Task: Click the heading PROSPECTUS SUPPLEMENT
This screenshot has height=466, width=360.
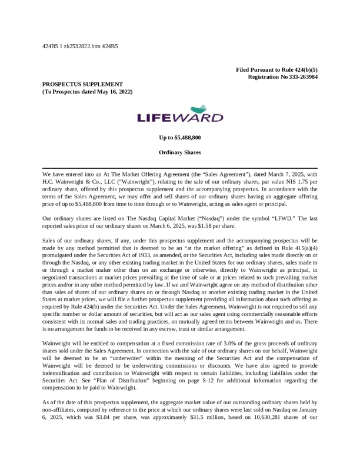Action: (82, 84)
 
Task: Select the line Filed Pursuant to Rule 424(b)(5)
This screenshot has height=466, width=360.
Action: (277, 70)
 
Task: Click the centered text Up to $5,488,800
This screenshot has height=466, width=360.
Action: (180, 137)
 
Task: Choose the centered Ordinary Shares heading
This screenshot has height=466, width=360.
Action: (180, 152)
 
